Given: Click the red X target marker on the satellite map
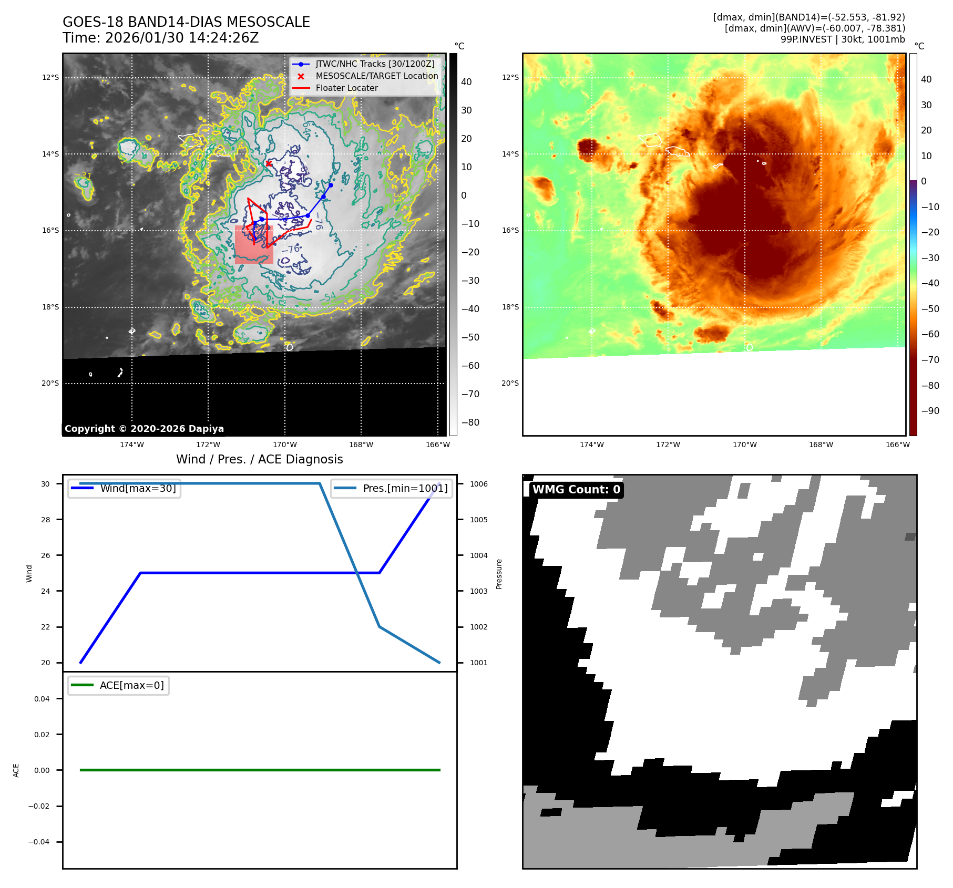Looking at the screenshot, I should tap(269, 163).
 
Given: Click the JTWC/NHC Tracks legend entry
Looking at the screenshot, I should tap(375, 64).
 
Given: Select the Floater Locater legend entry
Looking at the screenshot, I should tap(346, 88).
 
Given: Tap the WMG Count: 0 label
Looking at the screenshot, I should tap(576, 490).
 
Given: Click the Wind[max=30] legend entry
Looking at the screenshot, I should tap(138, 488).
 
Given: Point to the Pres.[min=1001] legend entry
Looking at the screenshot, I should tap(405, 488).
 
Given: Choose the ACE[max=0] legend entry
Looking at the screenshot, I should tap(131, 685).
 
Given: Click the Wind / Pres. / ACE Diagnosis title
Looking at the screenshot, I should tap(259, 459).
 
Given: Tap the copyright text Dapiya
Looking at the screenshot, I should tap(144, 429).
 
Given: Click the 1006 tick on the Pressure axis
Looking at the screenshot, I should tap(478, 484).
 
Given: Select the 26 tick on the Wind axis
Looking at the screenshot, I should tap(46, 555).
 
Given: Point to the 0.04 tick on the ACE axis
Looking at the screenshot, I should tap(42, 699).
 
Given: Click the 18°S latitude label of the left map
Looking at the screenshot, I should tap(50, 307).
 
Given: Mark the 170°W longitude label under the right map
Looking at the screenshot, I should tap(745, 445).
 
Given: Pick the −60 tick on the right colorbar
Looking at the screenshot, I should tap(930, 334).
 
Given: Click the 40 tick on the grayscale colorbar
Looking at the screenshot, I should tap(466, 82).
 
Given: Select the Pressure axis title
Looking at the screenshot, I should tap(499, 574).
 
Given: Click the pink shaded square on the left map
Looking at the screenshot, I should tap(254, 245).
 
